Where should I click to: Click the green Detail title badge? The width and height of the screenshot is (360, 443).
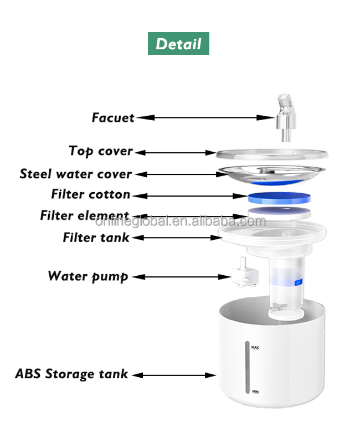[178, 43]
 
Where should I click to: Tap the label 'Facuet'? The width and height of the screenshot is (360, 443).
[113, 117]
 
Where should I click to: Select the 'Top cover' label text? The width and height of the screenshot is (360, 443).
[101, 151]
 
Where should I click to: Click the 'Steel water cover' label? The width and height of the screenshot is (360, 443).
[76, 174]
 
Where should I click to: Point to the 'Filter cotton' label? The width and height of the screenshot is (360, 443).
[91, 194]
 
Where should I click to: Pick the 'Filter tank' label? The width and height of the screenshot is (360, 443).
[96, 238]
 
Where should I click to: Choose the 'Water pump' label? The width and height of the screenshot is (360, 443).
[88, 276]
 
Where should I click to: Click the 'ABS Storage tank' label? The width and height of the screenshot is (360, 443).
[71, 374]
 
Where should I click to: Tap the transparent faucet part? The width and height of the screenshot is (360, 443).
[286, 118]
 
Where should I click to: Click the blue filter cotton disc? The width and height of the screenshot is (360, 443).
[279, 198]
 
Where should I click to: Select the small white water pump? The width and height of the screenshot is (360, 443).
[245, 273]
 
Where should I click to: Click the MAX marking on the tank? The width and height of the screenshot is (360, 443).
[255, 347]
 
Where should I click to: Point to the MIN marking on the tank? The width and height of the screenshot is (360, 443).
[255, 392]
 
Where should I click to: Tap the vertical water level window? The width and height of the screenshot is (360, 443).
[247, 367]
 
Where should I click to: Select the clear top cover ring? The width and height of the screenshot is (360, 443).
[272, 154]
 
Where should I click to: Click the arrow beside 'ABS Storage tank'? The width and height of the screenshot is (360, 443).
[174, 375]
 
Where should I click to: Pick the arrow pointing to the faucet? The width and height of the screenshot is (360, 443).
[205, 117]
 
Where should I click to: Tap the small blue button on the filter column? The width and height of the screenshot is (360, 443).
[299, 282]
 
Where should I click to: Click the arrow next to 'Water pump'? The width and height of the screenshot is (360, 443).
[182, 277]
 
